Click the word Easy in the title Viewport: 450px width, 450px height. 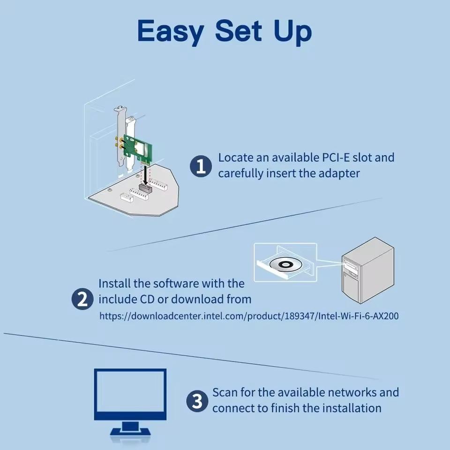pos(171,31)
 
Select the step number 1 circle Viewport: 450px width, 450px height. pos(201,166)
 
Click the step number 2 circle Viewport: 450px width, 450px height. pos(82,300)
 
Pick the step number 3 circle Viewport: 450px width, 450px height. pos(197,401)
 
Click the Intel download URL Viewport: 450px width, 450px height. pos(249,316)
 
